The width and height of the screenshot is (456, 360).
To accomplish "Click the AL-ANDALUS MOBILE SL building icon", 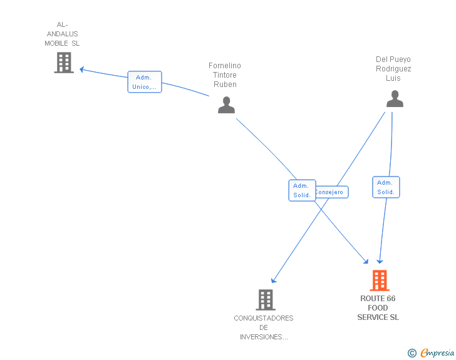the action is (64, 63).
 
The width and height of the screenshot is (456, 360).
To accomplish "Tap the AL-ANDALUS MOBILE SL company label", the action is (62, 34).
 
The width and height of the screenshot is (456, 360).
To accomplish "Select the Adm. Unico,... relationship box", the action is (145, 82).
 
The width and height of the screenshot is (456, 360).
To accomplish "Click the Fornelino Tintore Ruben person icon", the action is (226, 105).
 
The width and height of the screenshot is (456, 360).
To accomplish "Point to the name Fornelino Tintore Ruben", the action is (225, 75).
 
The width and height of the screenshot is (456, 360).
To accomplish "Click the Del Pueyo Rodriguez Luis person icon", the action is (395, 98).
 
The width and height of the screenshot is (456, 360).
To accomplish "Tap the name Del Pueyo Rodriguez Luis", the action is (393, 69).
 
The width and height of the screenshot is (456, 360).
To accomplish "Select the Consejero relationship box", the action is (331, 192).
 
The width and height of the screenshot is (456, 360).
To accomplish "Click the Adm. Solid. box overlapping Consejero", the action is (302, 190).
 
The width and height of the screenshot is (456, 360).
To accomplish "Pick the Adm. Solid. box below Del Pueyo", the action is (386, 187).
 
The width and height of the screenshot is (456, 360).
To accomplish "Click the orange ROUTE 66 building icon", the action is (380, 280).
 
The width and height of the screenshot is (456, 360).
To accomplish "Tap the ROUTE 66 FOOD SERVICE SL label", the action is (378, 307).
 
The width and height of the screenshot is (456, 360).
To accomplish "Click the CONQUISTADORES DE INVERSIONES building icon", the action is (266, 300).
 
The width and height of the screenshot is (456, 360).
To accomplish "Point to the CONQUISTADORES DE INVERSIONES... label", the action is (264, 327).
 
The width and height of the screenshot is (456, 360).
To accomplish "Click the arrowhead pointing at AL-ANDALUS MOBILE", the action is (81, 69).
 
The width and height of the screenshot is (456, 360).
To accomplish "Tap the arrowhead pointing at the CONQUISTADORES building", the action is (273, 280).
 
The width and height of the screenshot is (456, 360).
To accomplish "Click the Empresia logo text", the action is (437, 352).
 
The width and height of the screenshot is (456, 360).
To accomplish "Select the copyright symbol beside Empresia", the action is (412, 353).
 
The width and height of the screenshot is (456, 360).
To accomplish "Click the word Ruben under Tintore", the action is (225, 85).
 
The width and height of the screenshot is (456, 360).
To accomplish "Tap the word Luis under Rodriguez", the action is (393, 78).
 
